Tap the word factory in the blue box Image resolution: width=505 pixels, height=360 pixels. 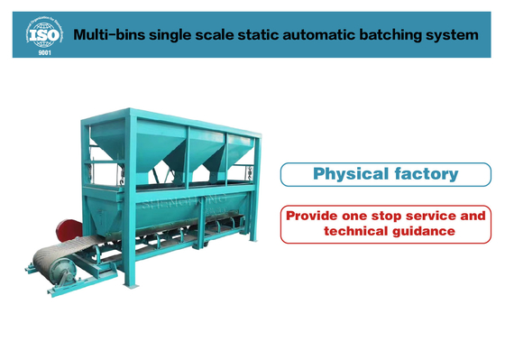(427, 174)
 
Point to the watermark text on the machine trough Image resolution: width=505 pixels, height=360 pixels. (180, 202)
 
